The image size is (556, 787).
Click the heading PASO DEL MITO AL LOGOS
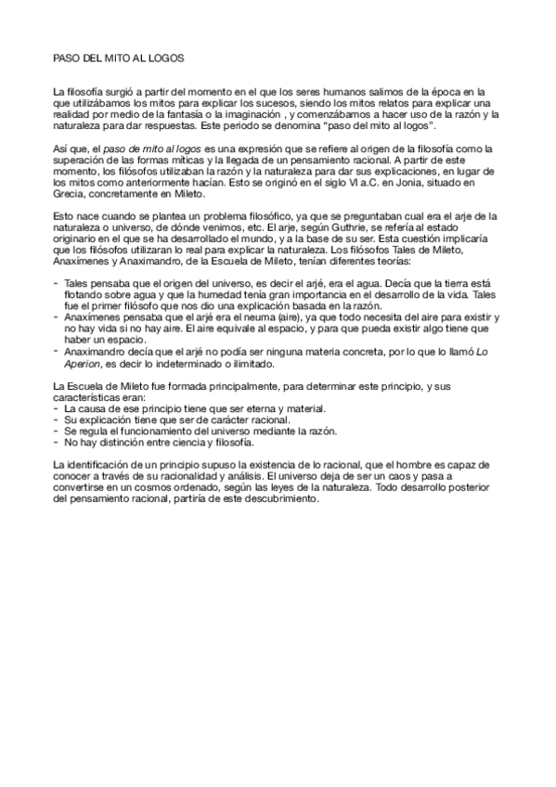click(119, 58)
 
